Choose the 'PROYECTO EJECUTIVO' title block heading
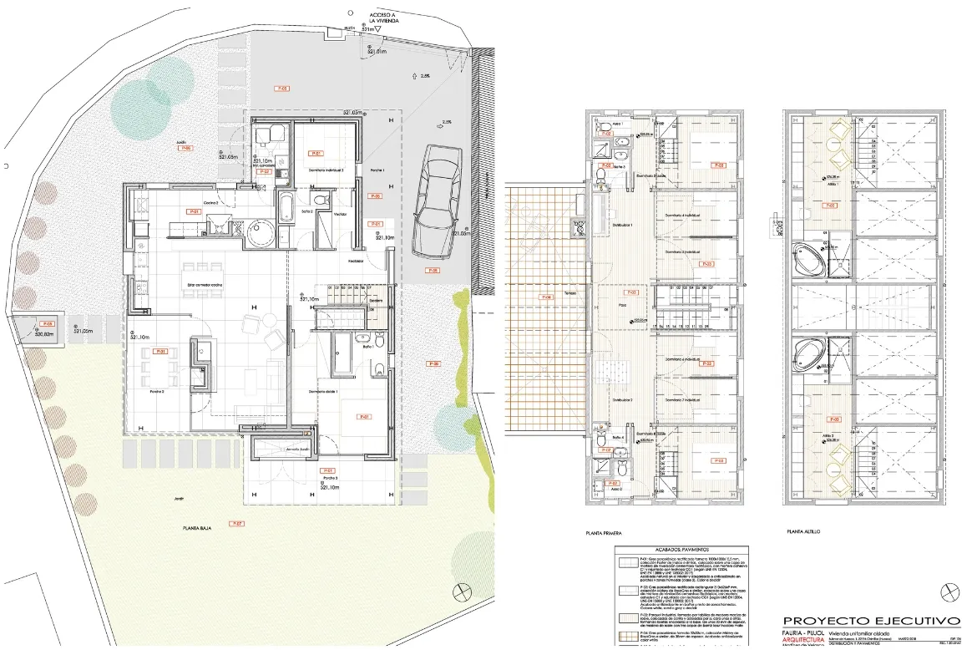(x=870, y=621)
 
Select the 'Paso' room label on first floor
(x=622, y=307)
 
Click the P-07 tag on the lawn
(x=236, y=524)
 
